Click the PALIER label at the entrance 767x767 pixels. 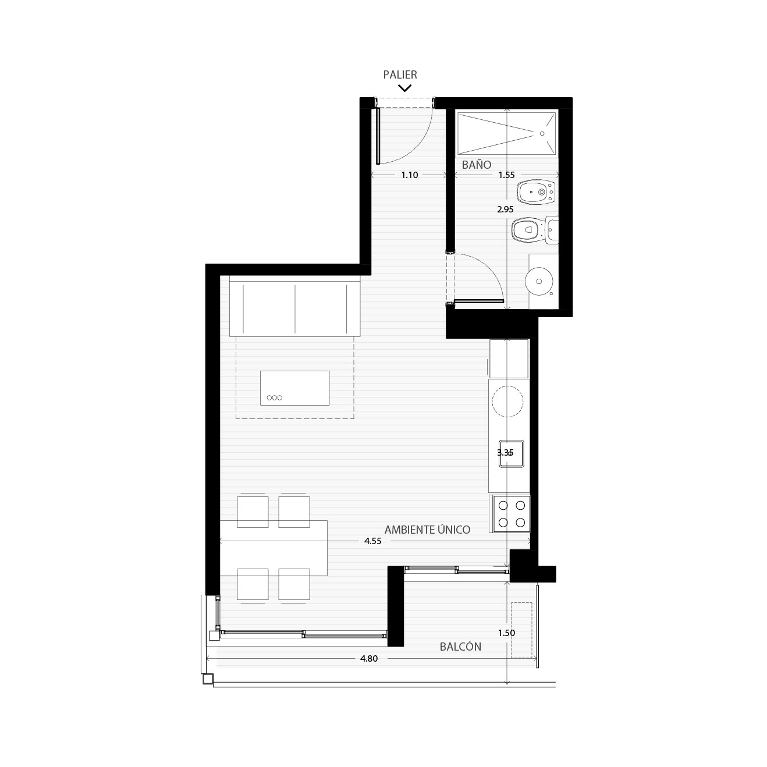coord(400,74)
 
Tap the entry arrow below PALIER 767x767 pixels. coord(404,88)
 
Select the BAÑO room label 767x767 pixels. coord(477,165)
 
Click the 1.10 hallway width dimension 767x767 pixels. coord(410,175)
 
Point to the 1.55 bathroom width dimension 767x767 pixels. coord(507,175)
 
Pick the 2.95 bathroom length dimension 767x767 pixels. coord(505,209)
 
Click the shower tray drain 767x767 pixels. coord(542,134)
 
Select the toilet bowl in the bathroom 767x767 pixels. coord(526,230)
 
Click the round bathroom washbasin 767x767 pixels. coord(539,282)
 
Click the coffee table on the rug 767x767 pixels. coord(295,388)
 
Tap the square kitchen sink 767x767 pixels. coord(512,453)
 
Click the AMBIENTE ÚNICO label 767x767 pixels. coord(427,530)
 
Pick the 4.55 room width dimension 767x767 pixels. coord(372,541)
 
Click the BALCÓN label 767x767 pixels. coord(460,647)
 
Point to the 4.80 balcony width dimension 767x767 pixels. coord(369,659)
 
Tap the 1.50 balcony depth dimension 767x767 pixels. coord(507,633)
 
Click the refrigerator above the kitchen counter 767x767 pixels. coord(509,358)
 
